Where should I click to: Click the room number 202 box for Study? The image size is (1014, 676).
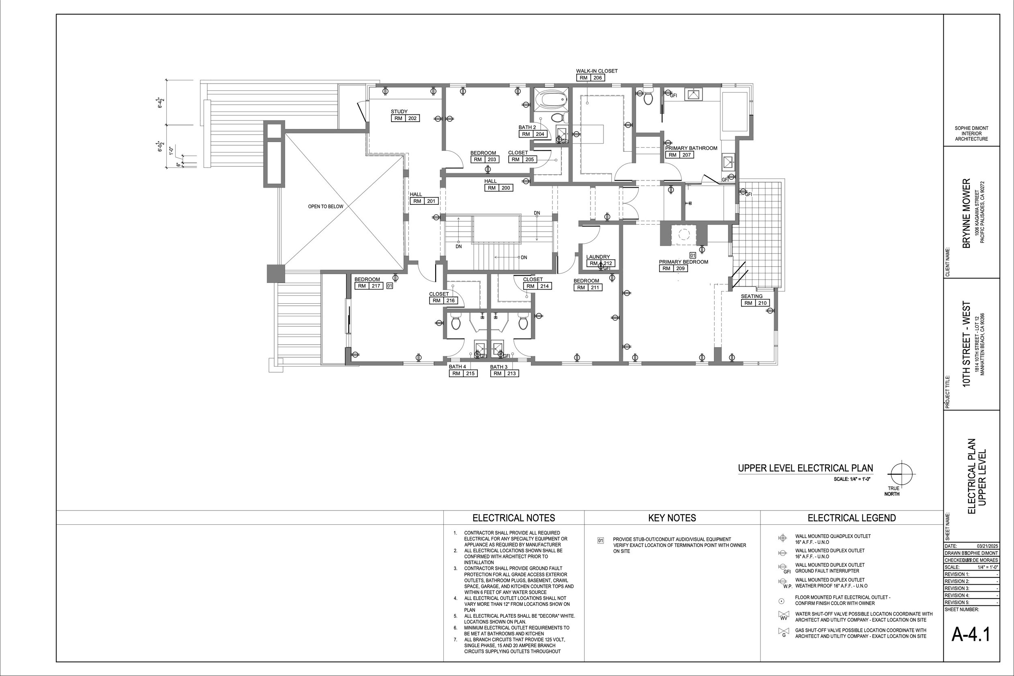412,118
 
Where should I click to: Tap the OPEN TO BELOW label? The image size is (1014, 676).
326,206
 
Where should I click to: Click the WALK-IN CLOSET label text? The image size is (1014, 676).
597,71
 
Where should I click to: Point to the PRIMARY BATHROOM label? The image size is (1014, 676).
691,148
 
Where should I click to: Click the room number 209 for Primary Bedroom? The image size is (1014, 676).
680,268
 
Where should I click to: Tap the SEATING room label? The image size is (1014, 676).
752,296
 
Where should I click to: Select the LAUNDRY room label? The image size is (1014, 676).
598,257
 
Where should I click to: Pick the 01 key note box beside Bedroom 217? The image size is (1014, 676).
389,285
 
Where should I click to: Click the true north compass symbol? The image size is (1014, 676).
900,474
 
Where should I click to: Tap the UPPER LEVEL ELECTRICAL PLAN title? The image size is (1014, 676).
806,468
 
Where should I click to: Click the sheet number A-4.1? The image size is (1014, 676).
971,634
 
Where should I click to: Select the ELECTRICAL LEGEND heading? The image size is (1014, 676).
851,518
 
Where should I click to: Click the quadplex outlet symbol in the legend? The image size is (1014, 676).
782,538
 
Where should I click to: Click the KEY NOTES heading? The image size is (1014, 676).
672,518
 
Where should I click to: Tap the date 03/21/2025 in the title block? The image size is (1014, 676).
987,546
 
